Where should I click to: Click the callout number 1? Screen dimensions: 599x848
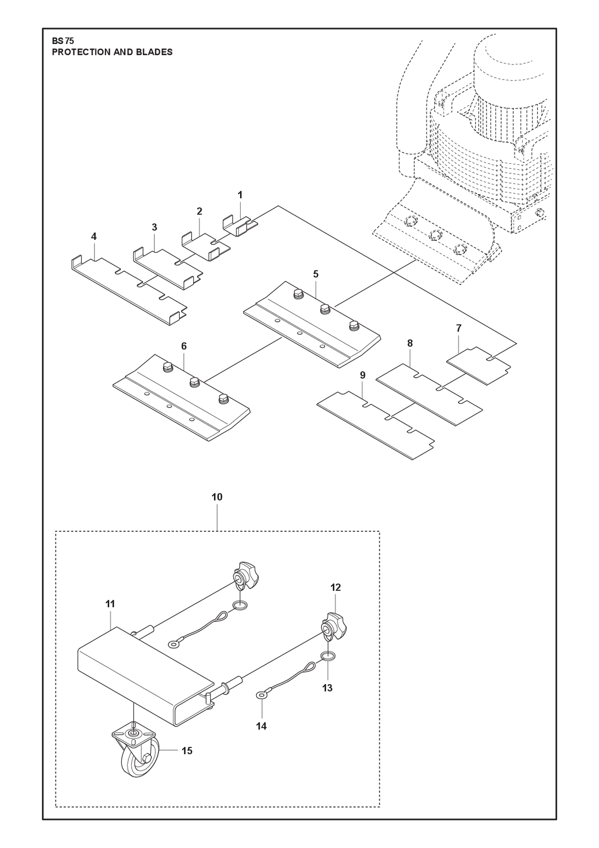tap(240, 195)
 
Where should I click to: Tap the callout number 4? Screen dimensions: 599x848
tap(94, 236)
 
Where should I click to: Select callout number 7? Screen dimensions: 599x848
tap(459, 328)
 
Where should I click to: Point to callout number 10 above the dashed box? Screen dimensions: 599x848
tap(217, 497)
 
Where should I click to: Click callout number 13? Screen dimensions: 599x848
tap(327, 688)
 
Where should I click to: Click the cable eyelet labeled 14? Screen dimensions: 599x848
tap(261, 695)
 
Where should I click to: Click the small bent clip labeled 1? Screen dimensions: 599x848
tap(240, 226)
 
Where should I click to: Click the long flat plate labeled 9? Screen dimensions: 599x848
tap(375, 425)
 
